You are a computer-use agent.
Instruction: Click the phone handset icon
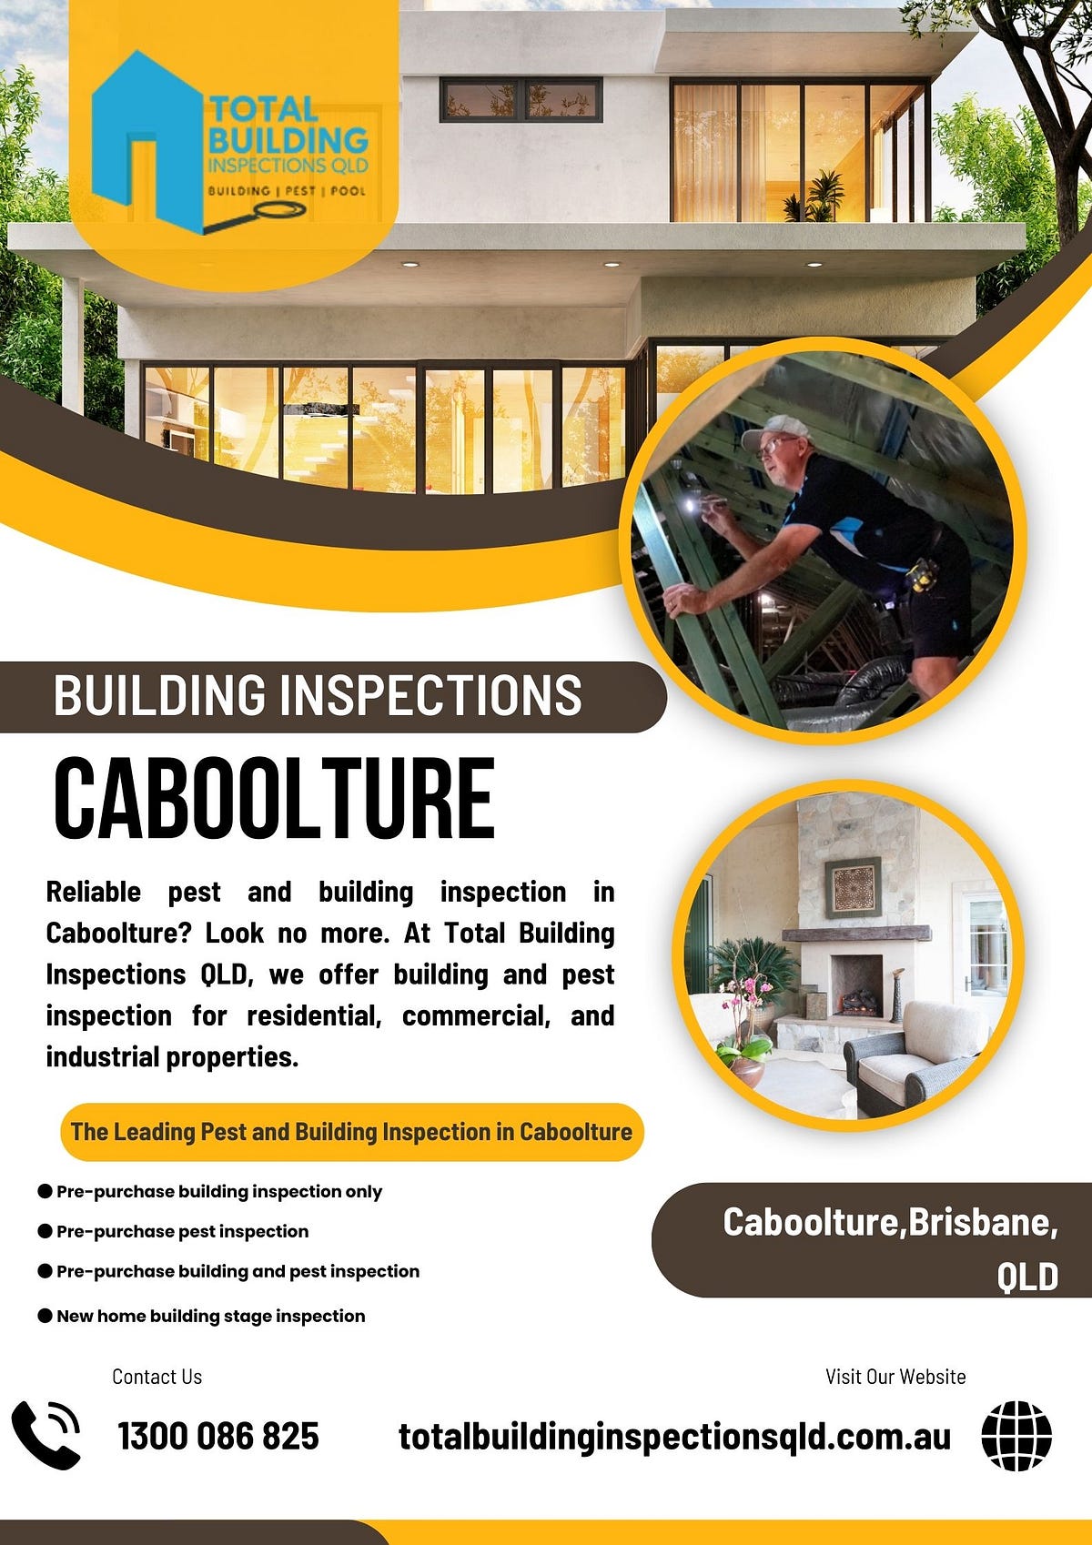45,1435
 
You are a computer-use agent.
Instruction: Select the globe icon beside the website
1016,1436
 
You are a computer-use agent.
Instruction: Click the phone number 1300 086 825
218,1437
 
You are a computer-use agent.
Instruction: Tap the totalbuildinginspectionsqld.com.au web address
674,1437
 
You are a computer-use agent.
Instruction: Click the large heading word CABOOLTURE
274,798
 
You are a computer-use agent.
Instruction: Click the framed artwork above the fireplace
853,887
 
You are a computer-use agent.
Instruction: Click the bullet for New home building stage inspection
45,1316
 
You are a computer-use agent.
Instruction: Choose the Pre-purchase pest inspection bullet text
182,1231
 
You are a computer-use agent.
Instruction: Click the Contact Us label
157,1377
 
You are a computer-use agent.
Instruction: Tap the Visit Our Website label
895,1377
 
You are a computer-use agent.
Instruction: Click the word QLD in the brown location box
1027,1277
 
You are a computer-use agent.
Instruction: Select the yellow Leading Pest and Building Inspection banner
351,1132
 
